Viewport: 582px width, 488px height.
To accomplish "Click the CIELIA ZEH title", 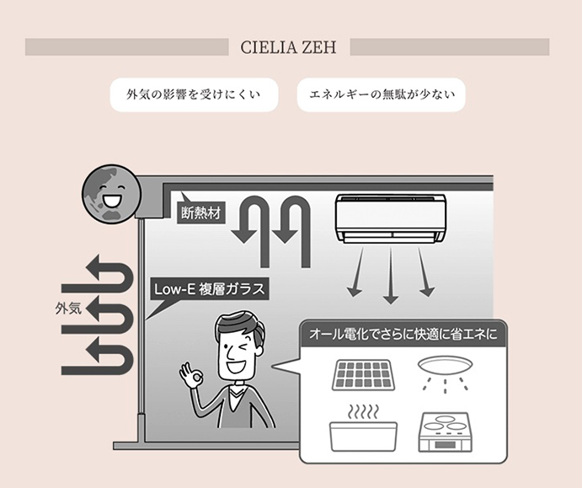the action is [x=288, y=47].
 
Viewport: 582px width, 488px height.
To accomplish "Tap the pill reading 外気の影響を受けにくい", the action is [x=194, y=94].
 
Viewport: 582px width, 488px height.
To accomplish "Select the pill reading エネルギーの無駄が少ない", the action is [x=382, y=94].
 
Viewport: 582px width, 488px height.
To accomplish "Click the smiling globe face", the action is [x=111, y=194].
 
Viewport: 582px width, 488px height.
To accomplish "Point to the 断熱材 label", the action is [x=200, y=213].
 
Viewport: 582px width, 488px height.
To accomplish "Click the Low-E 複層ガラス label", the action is [x=210, y=289].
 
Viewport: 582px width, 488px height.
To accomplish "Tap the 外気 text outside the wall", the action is [x=68, y=308].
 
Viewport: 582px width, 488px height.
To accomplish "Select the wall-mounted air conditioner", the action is [x=391, y=219].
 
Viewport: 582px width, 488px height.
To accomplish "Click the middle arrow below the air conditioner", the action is [x=391, y=276].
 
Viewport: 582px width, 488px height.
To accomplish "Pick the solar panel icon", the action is [x=361, y=374].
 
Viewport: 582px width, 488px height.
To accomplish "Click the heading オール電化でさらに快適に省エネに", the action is [x=403, y=335].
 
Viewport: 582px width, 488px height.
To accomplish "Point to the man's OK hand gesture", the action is [x=191, y=377].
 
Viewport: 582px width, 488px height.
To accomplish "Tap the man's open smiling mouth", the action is [x=236, y=366].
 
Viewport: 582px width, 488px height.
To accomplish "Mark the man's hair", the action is [x=238, y=324].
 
